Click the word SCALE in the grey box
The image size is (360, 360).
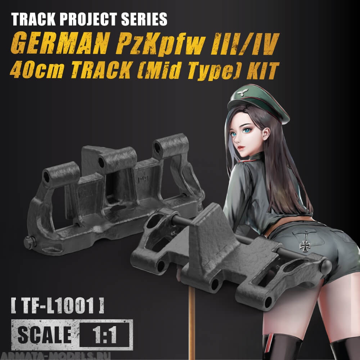(x=44, y=334)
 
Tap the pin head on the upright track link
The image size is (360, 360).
(x=29, y=242)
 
